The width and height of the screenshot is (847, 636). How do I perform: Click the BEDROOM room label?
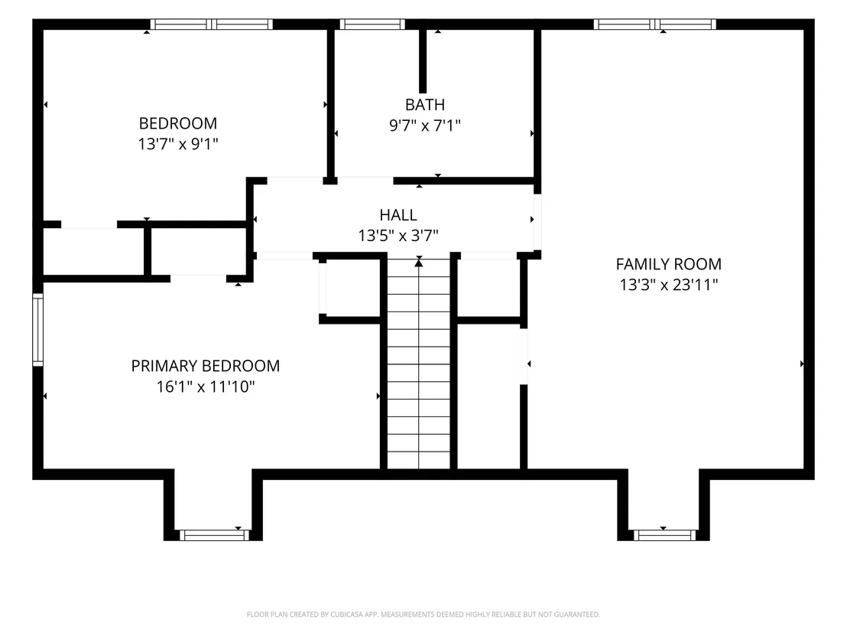(x=178, y=123)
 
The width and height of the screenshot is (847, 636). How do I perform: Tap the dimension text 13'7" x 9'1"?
(x=178, y=144)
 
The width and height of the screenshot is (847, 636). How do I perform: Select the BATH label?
(x=425, y=104)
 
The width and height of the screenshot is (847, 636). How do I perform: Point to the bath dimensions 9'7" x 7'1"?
(x=425, y=126)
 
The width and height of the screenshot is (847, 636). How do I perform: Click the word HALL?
(x=398, y=215)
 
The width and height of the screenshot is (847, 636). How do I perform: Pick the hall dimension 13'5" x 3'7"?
(x=398, y=236)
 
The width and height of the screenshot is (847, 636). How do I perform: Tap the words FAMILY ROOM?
(x=669, y=264)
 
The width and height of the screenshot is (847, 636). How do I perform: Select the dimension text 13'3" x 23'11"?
(x=669, y=285)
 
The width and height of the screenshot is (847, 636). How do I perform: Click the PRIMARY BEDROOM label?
(x=206, y=366)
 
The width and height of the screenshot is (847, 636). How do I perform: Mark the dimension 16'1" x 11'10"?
(x=206, y=386)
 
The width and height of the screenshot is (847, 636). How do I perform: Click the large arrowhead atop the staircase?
(x=419, y=263)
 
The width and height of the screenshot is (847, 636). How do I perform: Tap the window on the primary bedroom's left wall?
(x=37, y=329)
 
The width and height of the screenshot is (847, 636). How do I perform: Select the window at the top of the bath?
(x=372, y=24)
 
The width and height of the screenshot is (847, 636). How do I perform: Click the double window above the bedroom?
(x=211, y=24)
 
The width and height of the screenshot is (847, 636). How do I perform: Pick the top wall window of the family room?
(x=654, y=24)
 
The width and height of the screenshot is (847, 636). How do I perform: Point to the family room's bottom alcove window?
(x=664, y=536)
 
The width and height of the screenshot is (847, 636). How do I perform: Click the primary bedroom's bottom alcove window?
(x=215, y=536)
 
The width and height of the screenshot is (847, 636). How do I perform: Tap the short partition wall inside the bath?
(x=423, y=61)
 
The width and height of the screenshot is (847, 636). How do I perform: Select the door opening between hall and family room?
(x=537, y=222)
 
